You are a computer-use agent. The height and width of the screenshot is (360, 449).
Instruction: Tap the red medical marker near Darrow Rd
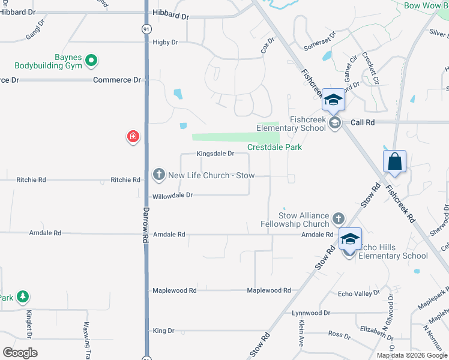(133, 137)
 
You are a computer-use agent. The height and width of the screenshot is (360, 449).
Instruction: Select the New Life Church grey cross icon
(158, 175)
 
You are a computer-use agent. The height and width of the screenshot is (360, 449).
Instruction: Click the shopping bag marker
(394, 162)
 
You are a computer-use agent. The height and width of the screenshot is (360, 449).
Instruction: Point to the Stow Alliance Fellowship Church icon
(339, 218)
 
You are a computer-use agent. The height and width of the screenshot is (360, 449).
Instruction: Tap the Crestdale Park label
(274, 147)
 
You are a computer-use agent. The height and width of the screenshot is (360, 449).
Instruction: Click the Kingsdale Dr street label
(215, 154)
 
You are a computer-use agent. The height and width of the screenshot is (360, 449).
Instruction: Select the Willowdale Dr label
(172, 195)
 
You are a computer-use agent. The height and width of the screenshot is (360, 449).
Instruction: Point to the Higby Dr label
(166, 42)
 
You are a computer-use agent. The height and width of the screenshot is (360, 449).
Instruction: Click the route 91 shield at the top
(146, 28)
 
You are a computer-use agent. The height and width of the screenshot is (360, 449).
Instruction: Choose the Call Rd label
(363, 122)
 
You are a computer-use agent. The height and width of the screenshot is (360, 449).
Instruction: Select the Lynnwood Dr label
(311, 313)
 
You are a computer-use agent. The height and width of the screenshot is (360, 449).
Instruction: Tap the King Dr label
(163, 331)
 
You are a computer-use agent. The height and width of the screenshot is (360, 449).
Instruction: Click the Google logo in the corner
(20, 352)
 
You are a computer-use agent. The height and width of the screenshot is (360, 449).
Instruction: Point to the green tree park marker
(22, 296)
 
